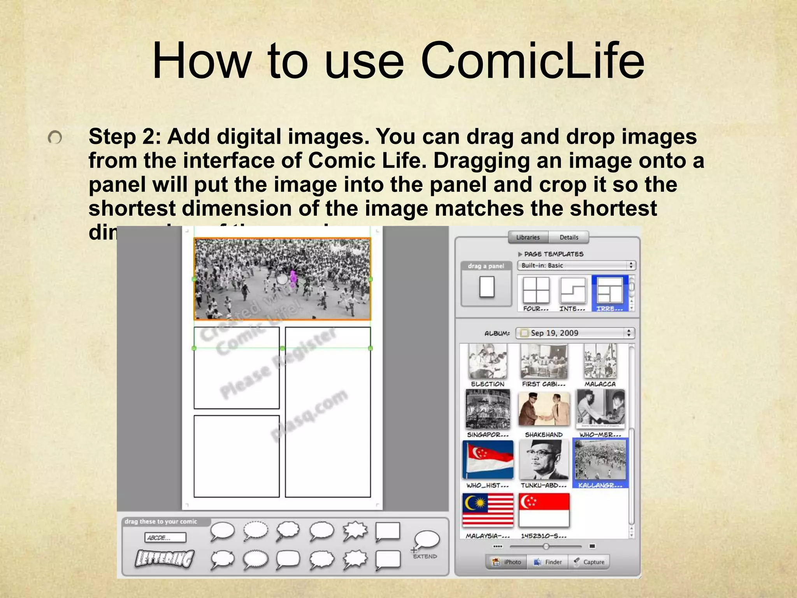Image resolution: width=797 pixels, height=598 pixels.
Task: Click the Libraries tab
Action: [528, 237]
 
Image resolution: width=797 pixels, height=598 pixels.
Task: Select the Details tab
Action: [569, 237]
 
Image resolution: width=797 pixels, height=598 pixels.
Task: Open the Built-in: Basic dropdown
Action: [576, 266]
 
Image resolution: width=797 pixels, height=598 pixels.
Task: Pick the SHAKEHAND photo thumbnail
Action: [544, 409]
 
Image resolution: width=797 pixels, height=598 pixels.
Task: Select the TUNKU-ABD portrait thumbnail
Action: [544, 460]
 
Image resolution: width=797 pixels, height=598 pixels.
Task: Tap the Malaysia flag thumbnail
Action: [488, 510]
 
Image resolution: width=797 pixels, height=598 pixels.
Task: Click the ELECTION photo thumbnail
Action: [488, 361]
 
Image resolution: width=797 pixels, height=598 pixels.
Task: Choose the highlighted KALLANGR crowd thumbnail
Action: [600, 460]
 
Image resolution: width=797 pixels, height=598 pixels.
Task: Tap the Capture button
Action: [589, 562]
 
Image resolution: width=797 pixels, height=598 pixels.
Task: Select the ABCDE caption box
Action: [165, 538]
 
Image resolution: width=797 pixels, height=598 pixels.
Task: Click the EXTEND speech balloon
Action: [427, 541]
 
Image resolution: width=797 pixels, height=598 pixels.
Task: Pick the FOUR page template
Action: [536, 290]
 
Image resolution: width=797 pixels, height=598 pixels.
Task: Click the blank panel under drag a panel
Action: [486, 287]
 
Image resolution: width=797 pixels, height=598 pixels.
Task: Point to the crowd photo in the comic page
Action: [282, 279]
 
